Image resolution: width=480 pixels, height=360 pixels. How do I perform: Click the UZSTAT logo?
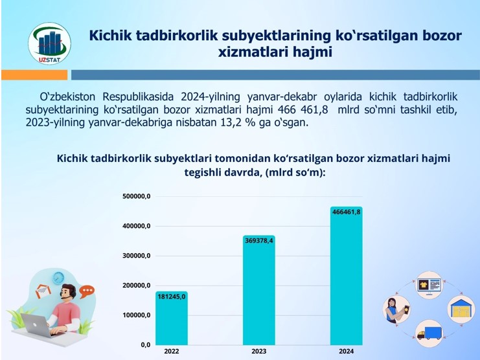tap(50, 43)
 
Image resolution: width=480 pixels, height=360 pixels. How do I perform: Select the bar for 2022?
tap(172, 318)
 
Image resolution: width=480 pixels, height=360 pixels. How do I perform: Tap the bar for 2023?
tap(259, 290)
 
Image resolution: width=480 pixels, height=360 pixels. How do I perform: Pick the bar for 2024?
tap(346, 276)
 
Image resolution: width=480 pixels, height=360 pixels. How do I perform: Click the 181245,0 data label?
tap(172, 297)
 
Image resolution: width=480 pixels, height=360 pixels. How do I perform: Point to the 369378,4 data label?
tap(259, 241)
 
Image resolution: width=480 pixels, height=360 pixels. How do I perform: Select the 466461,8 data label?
tap(346, 212)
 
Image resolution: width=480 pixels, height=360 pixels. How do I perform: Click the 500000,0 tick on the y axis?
tap(137, 196)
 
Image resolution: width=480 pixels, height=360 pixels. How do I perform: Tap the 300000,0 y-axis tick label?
tap(137, 256)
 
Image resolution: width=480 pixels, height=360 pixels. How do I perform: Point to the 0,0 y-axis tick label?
tap(146, 345)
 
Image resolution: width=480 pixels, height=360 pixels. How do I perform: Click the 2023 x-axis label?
tap(259, 352)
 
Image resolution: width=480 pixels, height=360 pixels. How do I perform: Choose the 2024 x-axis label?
tap(346, 352)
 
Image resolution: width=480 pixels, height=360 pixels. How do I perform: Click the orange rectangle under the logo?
tap(34, 75)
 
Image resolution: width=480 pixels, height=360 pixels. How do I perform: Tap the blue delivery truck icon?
tap(429, 333)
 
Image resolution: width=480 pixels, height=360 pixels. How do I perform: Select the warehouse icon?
tap(461, 309)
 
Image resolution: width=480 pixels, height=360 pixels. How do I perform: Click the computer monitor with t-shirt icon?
tap(429, 285)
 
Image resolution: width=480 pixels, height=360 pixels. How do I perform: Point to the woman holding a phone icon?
tap(396, 309)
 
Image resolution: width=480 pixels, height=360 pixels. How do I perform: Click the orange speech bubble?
tap(87, 291)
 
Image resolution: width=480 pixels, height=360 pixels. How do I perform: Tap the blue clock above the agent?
tap(58, 278)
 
